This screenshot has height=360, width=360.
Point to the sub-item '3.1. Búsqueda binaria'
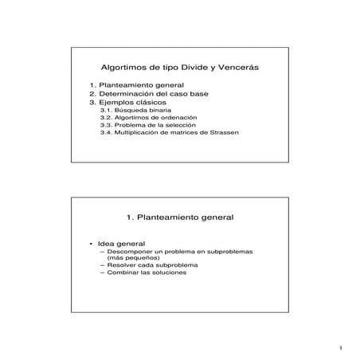tap(131, 111)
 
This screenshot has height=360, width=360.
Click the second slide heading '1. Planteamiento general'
tap(180, 215)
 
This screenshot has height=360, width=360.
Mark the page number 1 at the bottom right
tap(339, 347)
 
